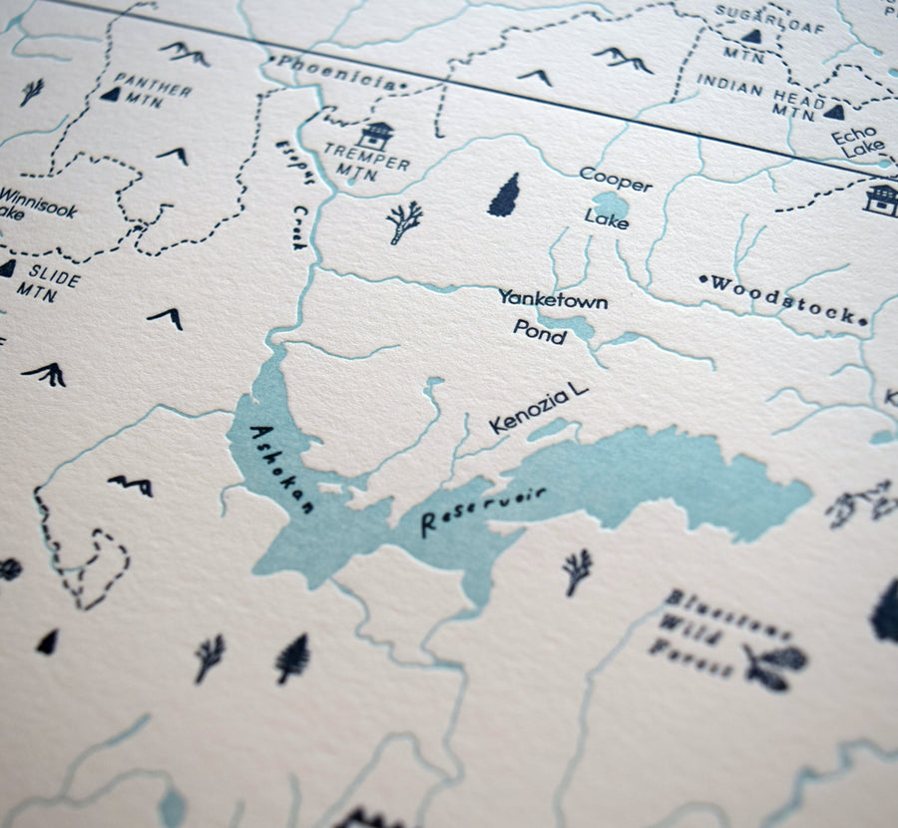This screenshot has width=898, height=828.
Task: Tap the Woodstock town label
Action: point(783,299)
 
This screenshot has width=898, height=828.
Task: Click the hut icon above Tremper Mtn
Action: point(376,135)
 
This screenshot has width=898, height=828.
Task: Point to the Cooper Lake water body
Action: point(608,206)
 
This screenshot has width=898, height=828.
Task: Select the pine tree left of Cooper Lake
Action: point(506,195)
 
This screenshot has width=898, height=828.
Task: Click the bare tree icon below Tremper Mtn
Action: point(404,221)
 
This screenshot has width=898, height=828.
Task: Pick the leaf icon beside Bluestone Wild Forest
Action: point(773,664)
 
